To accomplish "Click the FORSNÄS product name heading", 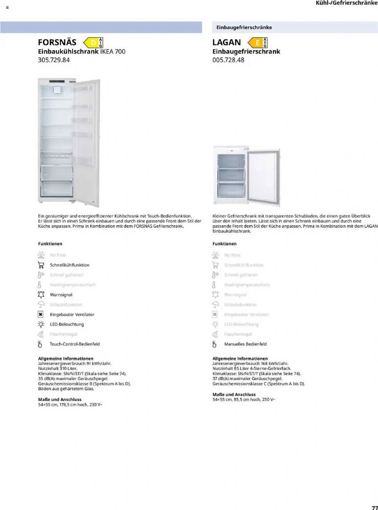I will click(x=57, y=42).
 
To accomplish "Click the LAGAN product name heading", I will click(x=227, y=42).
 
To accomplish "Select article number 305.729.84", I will click(x=54, y=60).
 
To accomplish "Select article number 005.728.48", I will click(x=229, y=60).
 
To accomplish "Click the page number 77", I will click(x=374, y=507).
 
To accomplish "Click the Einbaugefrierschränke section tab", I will click(x=244, y=28).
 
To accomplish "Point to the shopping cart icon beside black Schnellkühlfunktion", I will click(x=41, y=265).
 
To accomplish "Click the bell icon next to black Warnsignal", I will click(x=41, y=295).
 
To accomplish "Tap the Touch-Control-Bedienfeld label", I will click(x=75, y=344).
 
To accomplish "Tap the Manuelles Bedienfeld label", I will click(x=245, y=344).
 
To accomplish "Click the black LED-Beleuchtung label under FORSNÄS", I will click(x=67, y=324).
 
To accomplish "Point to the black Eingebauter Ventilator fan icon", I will click(x=41, y=315).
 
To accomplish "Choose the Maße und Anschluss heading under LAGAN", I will click(x=234, y=394).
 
